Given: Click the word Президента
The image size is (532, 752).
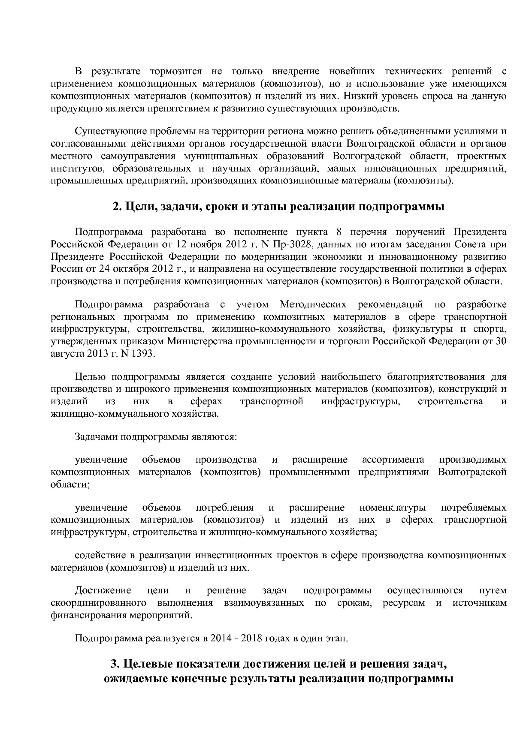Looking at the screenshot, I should [480, 232].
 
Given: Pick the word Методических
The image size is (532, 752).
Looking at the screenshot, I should [313, 305].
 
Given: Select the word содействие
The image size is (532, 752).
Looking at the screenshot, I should [101, 556].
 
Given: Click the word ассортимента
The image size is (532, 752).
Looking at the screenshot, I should [393, 460].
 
